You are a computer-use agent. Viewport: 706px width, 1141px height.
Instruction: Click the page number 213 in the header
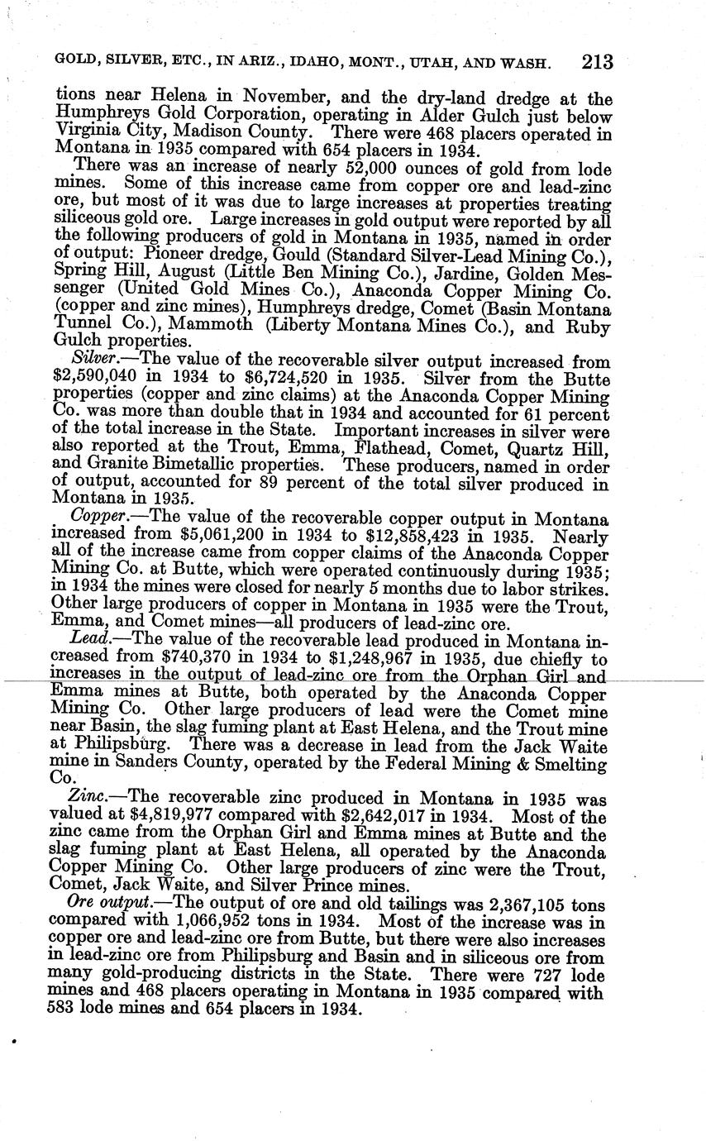[597, 63]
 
